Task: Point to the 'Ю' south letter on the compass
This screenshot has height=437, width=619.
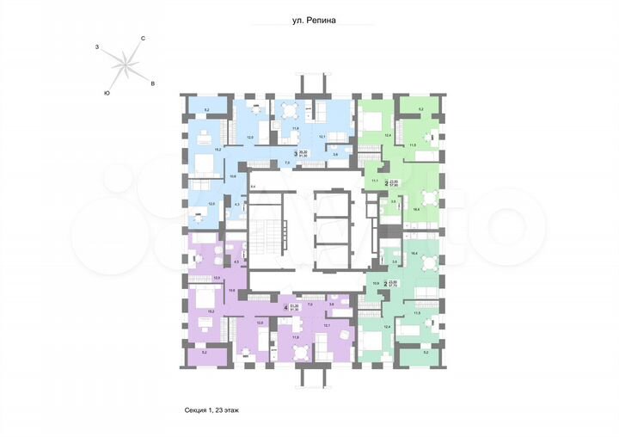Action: pyautogui.click(x=106, y=92)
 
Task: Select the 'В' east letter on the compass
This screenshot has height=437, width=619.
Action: pyautogui.click(x=152, y=83)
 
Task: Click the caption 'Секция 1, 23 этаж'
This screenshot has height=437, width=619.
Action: pyautogui.click(x=211, y=409)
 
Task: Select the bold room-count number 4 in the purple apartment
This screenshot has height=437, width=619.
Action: pyautogui.click(x=285, y=305)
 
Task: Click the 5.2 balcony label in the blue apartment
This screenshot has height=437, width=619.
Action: pyautogui.click(x=207, y=109)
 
